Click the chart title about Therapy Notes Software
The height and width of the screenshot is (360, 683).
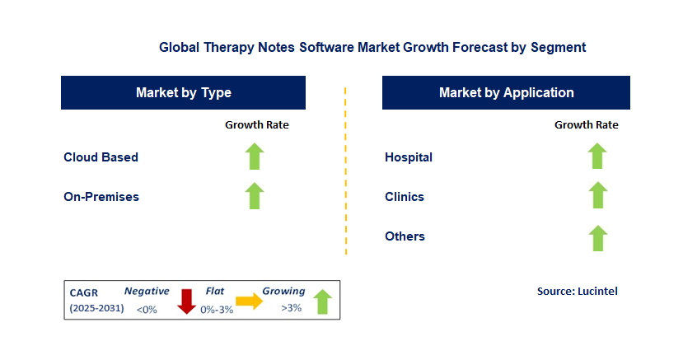pos(372,48)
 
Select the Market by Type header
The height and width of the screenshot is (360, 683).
pos(183,92)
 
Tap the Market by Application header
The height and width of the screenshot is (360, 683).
pos(506,92)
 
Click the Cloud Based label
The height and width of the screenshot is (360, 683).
pos(101,157)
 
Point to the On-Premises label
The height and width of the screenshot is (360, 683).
pos(101,197)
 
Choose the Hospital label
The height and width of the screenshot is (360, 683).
pos(409,157)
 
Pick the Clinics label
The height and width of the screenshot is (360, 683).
pos(405,197)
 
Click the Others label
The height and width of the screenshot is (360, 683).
pos(405,236)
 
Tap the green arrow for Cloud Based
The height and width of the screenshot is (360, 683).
pos(255,157)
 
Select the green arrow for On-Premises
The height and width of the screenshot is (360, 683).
pos(255,196)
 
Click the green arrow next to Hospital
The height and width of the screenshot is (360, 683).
pos(597,157)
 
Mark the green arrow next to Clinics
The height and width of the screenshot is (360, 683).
pos(597,196)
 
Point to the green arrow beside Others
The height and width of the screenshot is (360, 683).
pos(597,237)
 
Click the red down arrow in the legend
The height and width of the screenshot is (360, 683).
pos(186,301)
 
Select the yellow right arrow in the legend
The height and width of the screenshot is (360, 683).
pos(248,302)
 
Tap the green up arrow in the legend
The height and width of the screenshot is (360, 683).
pos(322,301)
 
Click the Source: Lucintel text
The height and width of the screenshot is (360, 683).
pos(577,291)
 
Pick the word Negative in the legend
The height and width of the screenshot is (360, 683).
pos(147,291)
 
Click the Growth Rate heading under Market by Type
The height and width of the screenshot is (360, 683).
pos(257,125)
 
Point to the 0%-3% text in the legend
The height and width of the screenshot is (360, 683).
pos(217,309)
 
